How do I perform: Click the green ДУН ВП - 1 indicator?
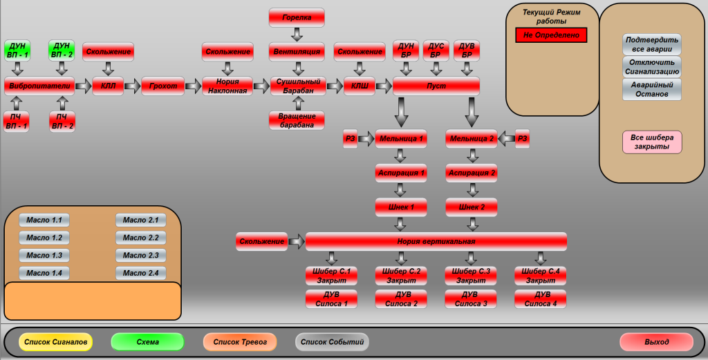(17, 50)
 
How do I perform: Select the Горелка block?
(297, 17)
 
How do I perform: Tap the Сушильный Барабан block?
(297, 86)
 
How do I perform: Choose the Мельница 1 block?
(401, 139)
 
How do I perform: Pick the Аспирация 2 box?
(472, 172)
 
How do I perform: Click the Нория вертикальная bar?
(436, 241)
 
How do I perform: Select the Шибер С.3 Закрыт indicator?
(471, 276)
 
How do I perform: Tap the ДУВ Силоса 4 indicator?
(541, 299)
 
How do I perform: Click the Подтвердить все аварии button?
(651, 44)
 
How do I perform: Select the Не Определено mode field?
(551, 35)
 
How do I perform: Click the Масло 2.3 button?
(141, 256)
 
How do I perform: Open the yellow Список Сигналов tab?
(55, 342)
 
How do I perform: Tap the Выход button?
(656, 342)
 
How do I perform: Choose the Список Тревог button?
(240, 342)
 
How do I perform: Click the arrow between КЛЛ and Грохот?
(133, 86)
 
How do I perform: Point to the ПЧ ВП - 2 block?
(62, 122)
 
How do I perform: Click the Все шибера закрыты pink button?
(652, 142)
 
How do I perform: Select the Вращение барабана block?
(297, 120)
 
